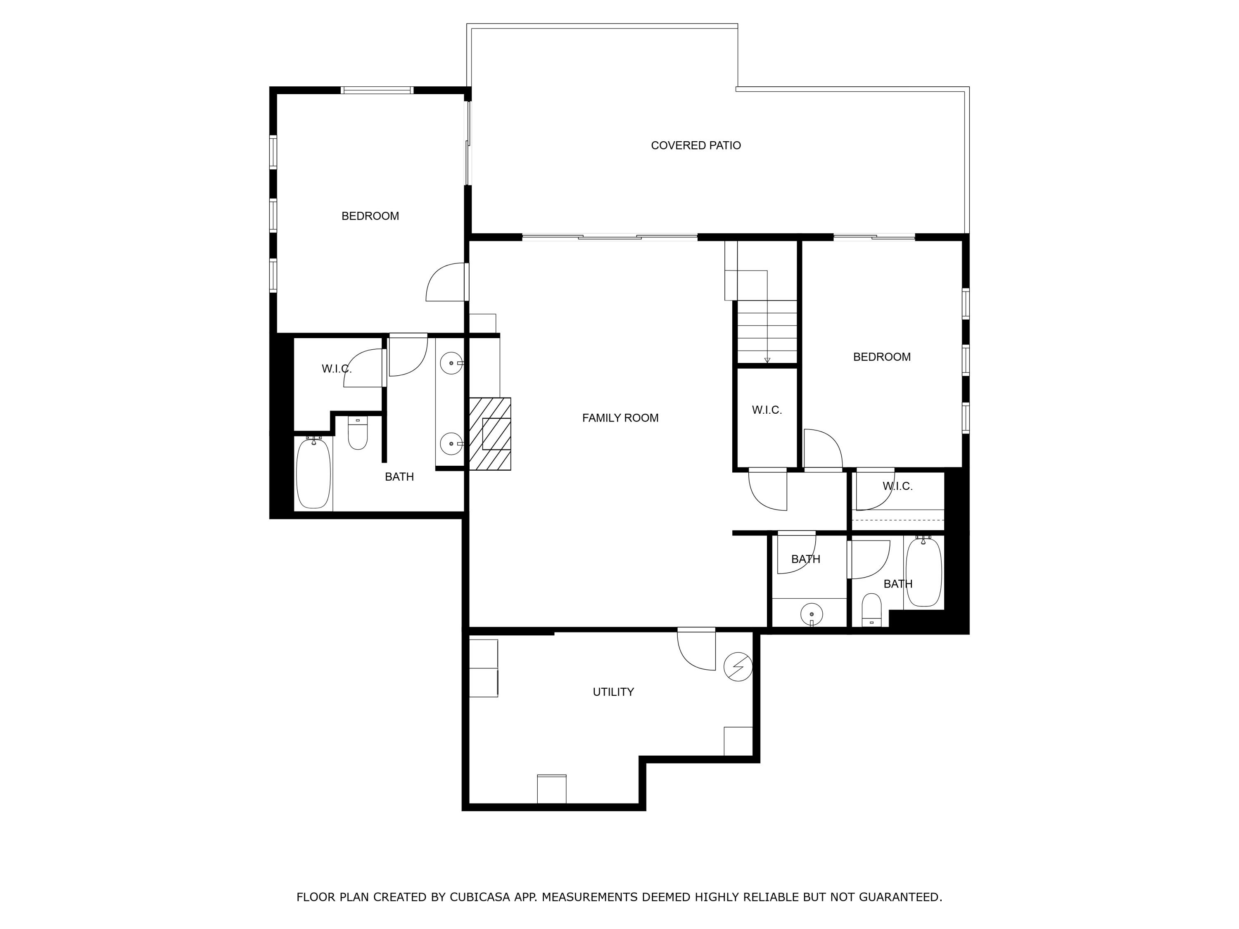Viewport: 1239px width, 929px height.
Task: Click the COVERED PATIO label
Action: coord(695,146)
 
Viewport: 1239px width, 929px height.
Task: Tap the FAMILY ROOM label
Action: coord(620,418)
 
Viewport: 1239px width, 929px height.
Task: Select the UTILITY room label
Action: coord(613,692)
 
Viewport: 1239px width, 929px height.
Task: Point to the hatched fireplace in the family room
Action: coord(489,434)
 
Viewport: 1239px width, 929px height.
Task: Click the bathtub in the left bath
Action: coord(313,473)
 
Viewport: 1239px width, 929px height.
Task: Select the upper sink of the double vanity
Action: coord(451,363)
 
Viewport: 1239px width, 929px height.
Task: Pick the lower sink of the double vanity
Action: coord(451,444)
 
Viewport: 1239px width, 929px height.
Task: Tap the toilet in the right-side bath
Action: coord(871,609)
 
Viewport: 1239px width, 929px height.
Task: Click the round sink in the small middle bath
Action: coord(812,615)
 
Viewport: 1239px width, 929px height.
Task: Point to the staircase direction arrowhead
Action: coord(767,360)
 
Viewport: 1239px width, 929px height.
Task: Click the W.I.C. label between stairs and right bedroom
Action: coord(767,410)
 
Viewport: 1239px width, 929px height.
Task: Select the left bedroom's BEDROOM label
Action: coord(370,216)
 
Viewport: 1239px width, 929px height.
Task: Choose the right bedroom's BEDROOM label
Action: coord(882,357)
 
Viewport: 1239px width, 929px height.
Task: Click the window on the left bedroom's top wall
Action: coord(377,90)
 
